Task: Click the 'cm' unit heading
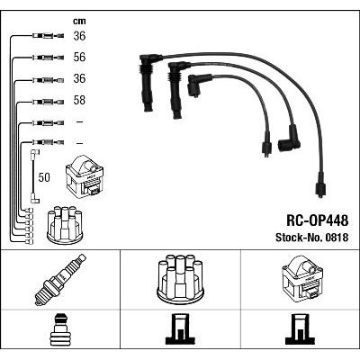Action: (x=79, y=21)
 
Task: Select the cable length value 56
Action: (x=79, y=58)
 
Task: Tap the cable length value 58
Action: (x=79, y=100)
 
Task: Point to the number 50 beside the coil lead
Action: (x=44, y=177)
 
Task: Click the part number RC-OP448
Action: (x=318, y=220)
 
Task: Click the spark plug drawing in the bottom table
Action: (x=60, y=280)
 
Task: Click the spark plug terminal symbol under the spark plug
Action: (x=60, y=329)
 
